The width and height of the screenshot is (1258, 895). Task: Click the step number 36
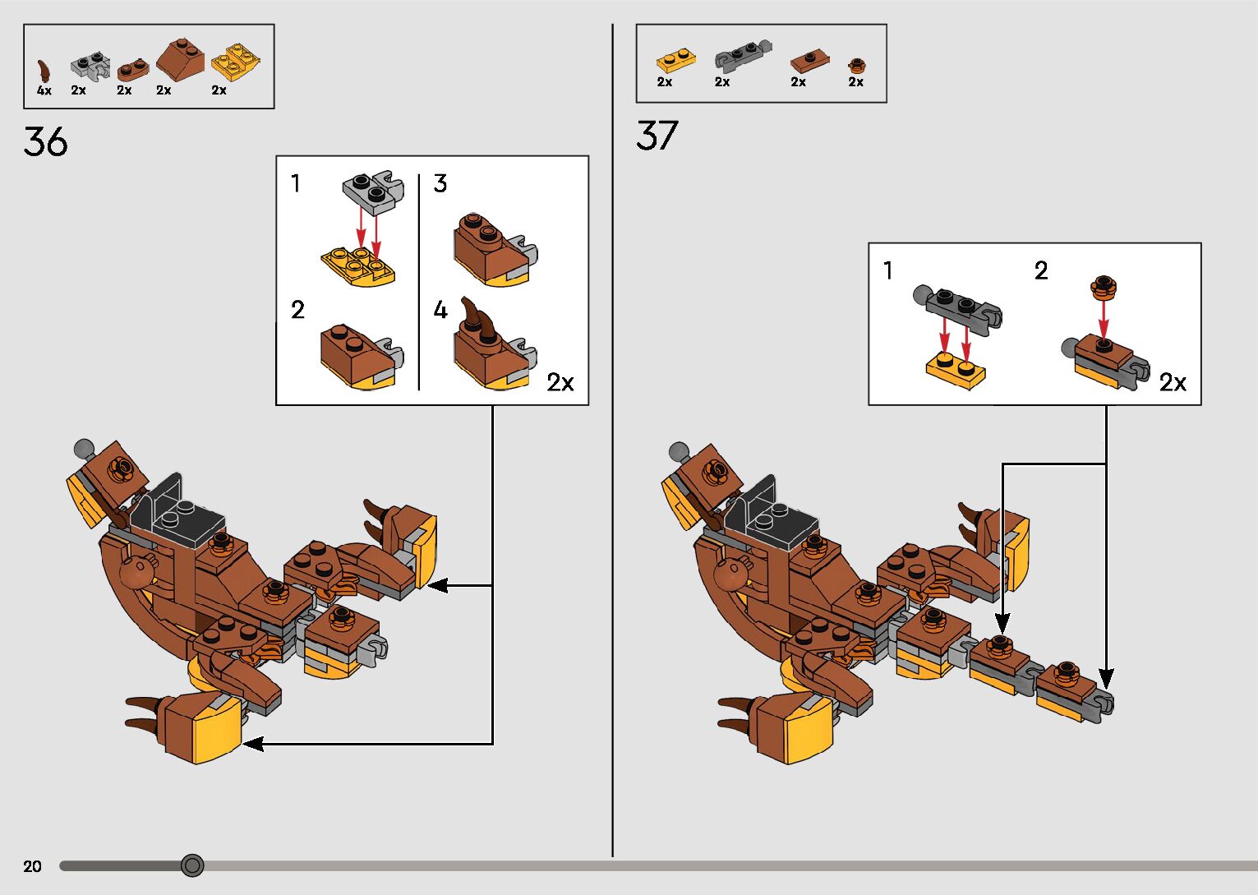pos(45,141)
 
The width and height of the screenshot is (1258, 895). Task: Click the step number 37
pos(657,136)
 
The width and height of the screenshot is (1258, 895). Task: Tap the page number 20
pos(33,865)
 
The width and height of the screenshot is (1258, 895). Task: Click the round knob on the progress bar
pos(192,865)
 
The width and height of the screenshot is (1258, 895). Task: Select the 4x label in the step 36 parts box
pos(44,90)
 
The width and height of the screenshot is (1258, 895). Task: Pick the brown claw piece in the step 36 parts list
pos(44,71)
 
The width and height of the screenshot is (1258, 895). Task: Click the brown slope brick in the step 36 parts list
pos(180,59)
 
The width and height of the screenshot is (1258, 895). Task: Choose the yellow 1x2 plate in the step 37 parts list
pos(676,61)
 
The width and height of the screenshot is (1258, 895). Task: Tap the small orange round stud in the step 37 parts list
pos(856,66)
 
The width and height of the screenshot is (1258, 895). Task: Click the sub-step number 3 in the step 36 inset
pos(440,183)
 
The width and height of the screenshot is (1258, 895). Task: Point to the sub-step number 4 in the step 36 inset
pos(440,310)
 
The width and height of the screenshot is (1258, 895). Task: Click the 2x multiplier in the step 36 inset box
pos(560,383)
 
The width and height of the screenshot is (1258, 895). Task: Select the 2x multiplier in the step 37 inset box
pos(1173,383)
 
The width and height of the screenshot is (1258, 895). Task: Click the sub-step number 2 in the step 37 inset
pos(1040,271)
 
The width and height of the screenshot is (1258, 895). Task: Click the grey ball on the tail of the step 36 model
pos(84,449)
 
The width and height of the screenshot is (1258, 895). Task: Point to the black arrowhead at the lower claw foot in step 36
pos(253,744)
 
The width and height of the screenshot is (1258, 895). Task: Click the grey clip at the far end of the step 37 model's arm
pos(1103,704)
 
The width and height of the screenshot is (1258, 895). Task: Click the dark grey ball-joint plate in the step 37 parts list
pos(743,56)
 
